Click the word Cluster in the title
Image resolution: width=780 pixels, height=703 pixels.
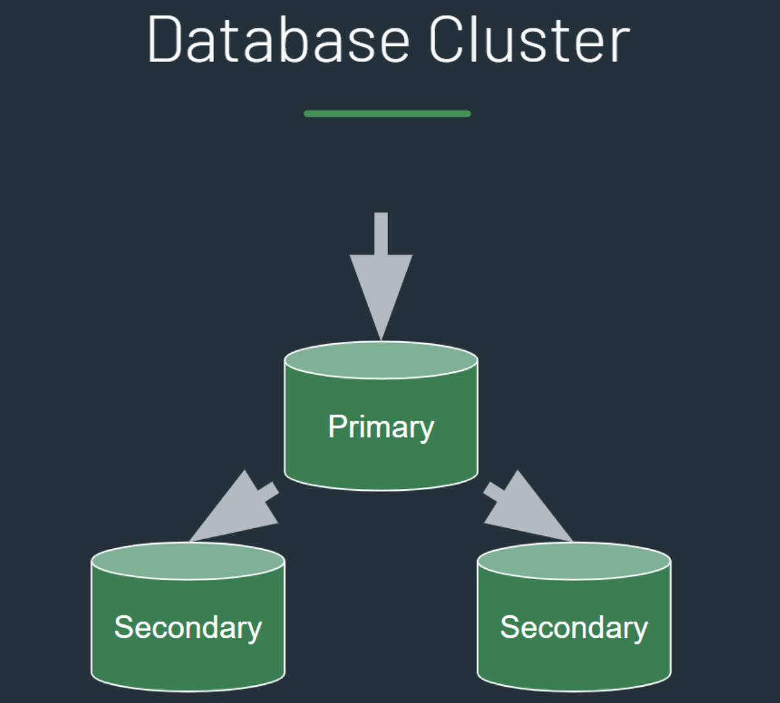click(x=529, y=40)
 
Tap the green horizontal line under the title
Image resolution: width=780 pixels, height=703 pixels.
click(x=387, y=114)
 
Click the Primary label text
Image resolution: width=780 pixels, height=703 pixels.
click(x=381, y=427)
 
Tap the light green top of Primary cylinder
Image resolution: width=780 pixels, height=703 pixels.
click(x=381, y=360)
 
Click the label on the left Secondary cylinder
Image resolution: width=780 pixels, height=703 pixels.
click(x=188, y=628)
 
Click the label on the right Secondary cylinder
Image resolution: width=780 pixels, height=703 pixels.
click(x=574, y=628)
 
